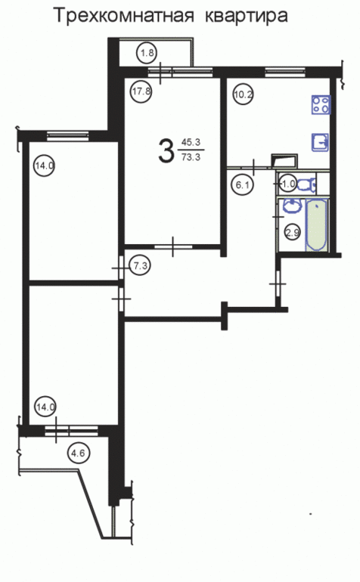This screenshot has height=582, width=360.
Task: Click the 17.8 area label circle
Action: coord(141,91)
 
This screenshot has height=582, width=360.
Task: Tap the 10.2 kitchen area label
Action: coord(243,94)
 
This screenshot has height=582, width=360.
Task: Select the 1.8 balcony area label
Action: coord(147,53)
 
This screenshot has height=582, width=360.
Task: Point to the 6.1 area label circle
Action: coord(242,184)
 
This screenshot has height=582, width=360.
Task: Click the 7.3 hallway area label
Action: coord(140,266)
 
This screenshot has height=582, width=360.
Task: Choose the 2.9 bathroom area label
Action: coord(292,233)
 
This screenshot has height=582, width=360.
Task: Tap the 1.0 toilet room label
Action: coord(288,184)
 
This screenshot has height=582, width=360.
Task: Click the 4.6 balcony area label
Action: coord(79,454)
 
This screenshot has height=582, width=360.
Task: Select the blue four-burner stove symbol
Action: coord(321,104)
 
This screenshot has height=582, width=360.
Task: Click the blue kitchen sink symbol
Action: coord(320,142)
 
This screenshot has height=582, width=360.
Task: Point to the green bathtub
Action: coord(317,225)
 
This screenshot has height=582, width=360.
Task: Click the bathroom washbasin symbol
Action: coord(293,206)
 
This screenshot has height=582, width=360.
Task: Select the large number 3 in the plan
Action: coord(166,150)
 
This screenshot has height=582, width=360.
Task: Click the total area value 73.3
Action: coord(191,157)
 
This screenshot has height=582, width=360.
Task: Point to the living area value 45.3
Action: coord(191,142)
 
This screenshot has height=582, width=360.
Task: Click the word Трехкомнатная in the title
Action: coord(124,17)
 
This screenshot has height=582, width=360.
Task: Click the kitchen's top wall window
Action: coord(285,71)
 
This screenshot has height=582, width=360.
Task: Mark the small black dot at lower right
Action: coord(311,514)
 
